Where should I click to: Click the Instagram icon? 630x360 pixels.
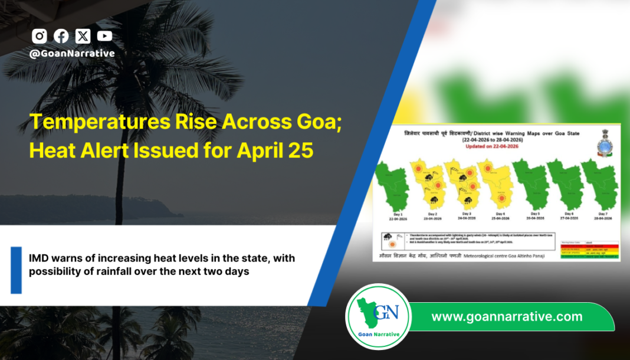40,36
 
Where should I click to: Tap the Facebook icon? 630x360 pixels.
61,36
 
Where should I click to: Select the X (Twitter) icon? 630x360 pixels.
83,36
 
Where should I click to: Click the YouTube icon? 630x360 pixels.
104,36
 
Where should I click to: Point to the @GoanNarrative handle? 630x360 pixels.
72,53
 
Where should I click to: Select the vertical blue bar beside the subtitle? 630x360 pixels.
16,270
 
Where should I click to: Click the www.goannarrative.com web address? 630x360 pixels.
507,317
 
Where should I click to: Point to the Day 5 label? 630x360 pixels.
534,214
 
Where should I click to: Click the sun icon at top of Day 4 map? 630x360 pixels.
488,169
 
